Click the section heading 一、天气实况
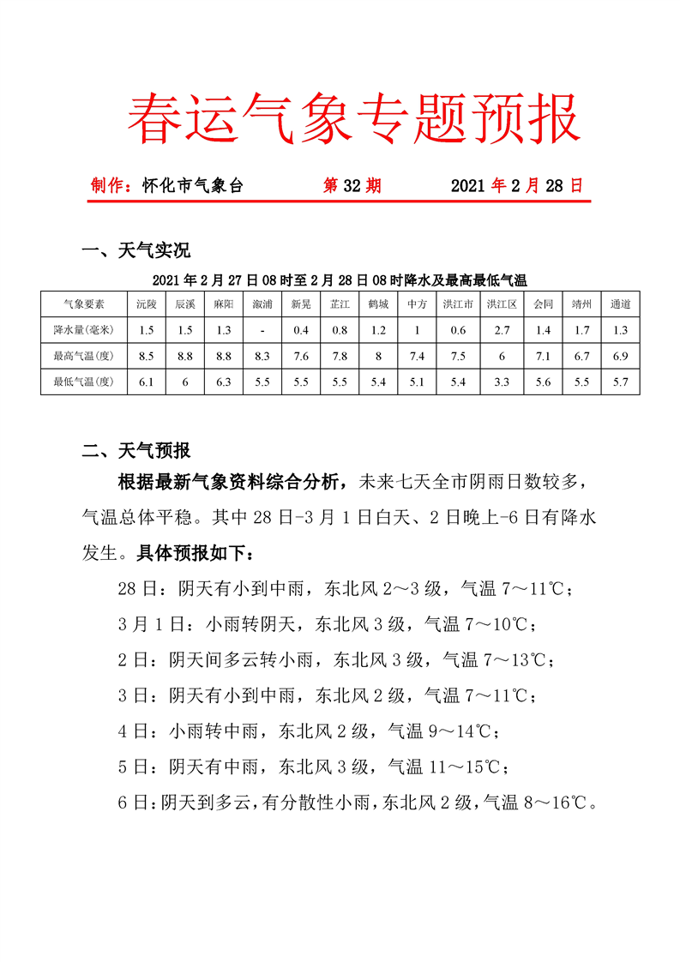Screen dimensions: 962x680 point(135,250)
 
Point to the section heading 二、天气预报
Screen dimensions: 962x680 point(135,450)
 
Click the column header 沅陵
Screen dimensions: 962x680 point(146,304)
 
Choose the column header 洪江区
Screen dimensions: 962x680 point(501,304)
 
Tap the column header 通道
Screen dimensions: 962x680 point(621,304)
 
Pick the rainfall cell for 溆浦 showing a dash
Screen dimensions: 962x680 point(262,330)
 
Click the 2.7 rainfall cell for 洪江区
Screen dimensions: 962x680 point(501,330)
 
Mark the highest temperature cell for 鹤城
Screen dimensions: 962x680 point(377,356)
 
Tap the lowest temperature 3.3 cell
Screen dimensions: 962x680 point(501,382)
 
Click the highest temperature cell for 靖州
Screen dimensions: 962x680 point(582,356)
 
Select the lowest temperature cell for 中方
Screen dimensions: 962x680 point(417,382)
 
